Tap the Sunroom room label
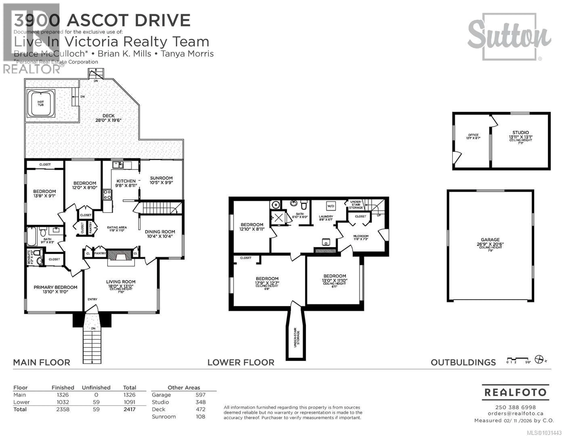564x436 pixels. click(161, 178)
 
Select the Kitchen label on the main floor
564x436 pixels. click(126, 181)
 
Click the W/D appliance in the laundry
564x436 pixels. click(331, 206)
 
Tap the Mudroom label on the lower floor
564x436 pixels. click(361, 236)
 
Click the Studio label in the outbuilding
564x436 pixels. click(520, 132)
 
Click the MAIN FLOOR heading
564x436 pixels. click(42, 362)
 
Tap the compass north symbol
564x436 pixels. click(539, 359)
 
